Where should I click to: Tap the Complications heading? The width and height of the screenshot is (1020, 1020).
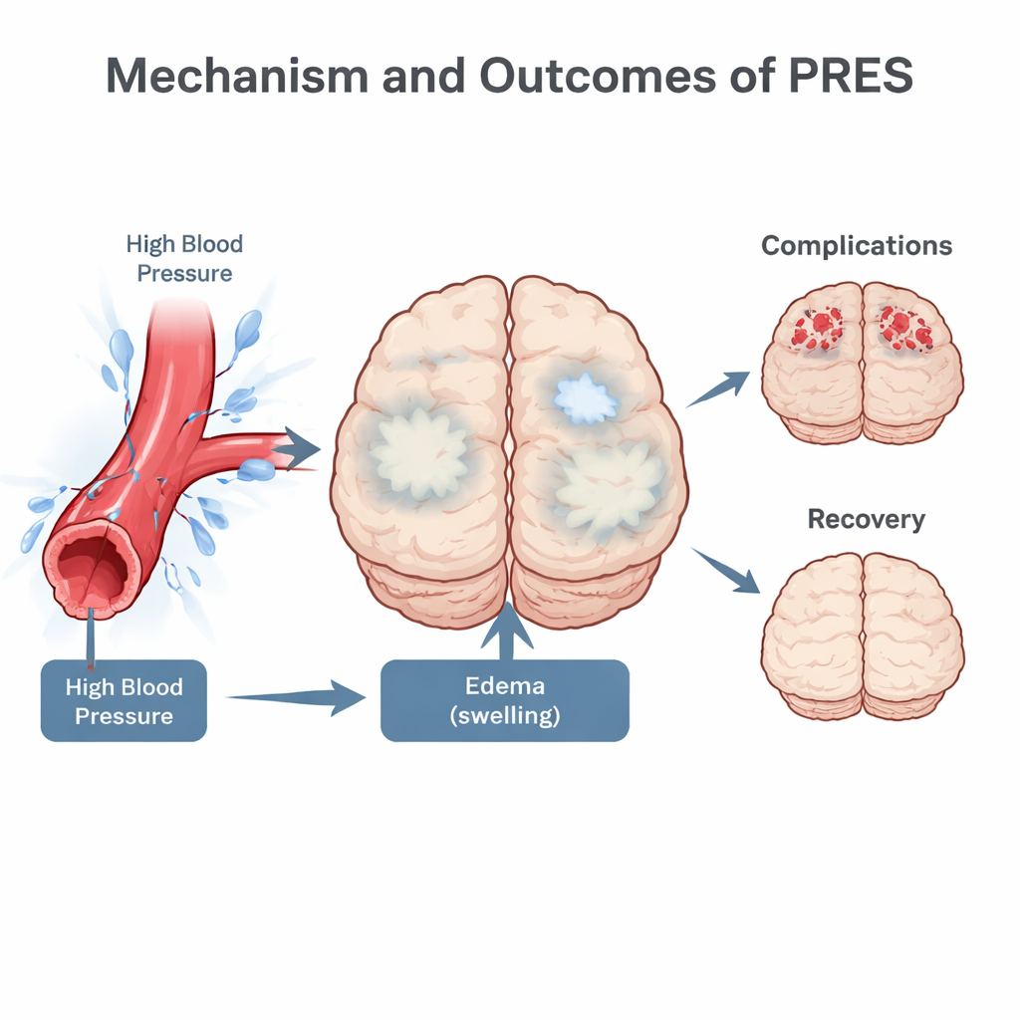(x=857, y=246)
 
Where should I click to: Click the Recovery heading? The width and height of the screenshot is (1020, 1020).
(x=866, y=519)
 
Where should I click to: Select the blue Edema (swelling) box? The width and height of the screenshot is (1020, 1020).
(x=505, y=700)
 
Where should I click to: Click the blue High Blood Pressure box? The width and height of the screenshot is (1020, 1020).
(x=124, y=700)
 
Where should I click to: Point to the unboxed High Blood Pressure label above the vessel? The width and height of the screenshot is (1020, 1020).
(x=184, y=258)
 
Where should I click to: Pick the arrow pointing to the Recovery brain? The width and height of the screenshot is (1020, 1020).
(x=725, y=569)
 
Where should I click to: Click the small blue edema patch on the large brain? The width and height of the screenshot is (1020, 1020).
(x=586, y=398)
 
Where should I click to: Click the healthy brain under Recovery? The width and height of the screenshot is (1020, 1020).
(x=863, y=636)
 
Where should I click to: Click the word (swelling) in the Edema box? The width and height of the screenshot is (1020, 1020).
(x=505, y=715)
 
